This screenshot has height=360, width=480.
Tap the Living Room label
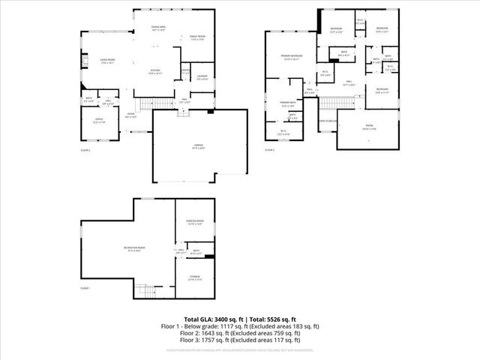point(107,60)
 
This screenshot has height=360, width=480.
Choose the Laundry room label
point(202,77)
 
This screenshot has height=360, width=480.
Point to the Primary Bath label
point(289,104)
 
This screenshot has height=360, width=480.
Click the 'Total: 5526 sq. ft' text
point(271,319)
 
